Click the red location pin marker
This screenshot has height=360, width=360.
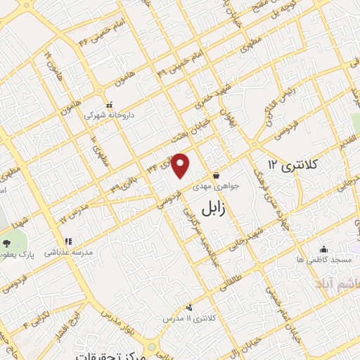[x=181, y=165]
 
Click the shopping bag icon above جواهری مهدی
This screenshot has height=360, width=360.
[x=215, y=175]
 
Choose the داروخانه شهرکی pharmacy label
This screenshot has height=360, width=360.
[x=110, y=112]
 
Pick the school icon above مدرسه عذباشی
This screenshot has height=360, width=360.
[x=68, y=241]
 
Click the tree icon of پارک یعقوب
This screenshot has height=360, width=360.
[x=7, y=243]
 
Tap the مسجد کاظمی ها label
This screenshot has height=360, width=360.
[x=323, y=260]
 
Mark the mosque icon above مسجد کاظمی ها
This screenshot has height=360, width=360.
[x=323, y=249]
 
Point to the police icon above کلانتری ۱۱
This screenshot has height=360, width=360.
[x=189, y=307]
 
